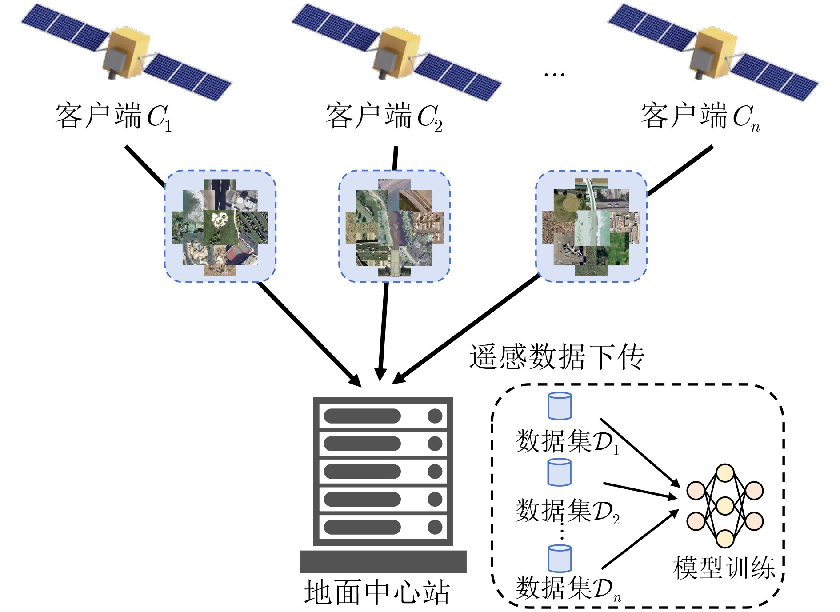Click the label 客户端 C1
pyautogui.click(x=113, y=116)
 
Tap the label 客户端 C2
pyautogui.click(x=384, y=116)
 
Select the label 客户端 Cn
pyautogui.click(x=700, y=116)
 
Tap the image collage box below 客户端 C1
pyautogui.click(x=220, y=226)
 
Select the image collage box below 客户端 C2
pyautogui.click(x=395, y=226)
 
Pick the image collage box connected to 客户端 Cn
pyautogui.click(x=591, y=226)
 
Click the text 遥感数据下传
pyautogui.click(x=556, y=357)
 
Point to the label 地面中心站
pyautogui.click(x=377, y=592)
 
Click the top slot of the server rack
pyautogui.click(x=383, y=416)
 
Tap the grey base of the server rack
pyautogui.click(x=383, y=561)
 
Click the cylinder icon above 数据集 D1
pyautogui.click(x=560, y=406)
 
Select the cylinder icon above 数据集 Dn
pyautogui.click(x=560, y=559)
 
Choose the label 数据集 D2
pyautogui.click(x=567, y=511)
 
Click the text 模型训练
pyautogui.click(x=724, y=568)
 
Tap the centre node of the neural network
pyautogui.click(x=725, y=506)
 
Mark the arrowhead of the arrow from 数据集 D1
pyautogui.click(x=676, y=483)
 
